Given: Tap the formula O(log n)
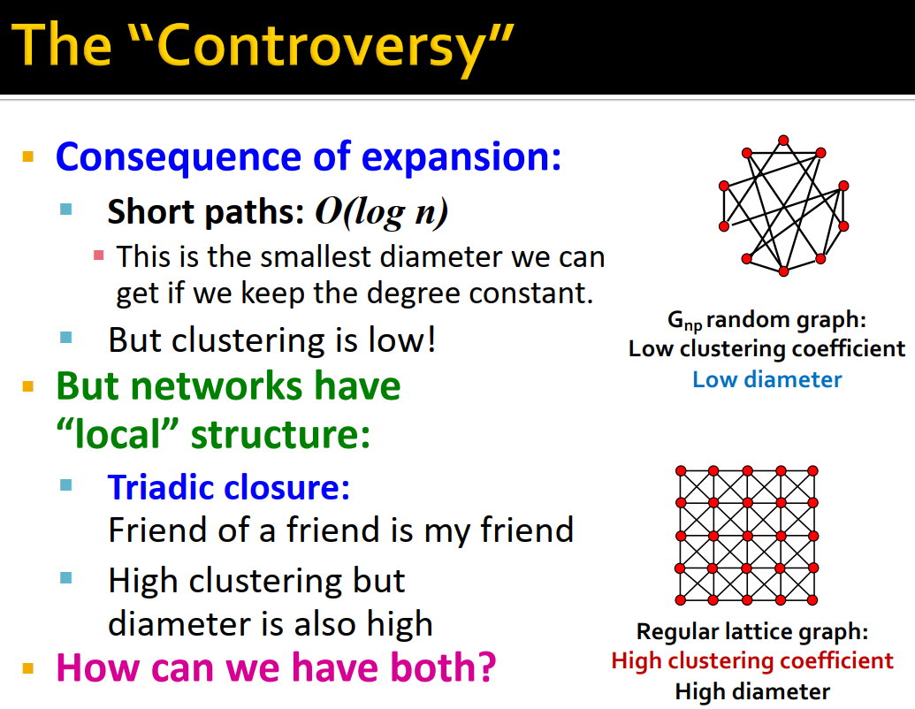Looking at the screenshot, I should pyautogui.click(x=382, y=212).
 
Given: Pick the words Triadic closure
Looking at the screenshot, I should pyautogui.click(x=229, y=486).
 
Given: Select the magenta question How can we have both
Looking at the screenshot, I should pyautogui.click(x=276, y=667).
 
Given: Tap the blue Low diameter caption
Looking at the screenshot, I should pyautogui.click(x=766, y=379).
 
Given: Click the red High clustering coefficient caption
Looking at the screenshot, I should pyautogui.click(x=752, y=660).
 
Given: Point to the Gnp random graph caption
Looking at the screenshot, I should pyautogui.click(x=766, y=320).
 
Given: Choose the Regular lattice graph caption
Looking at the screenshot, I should pyautogui.click(x=752, y=632).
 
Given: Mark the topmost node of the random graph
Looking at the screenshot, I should pyautogui.click(x=782, y=140).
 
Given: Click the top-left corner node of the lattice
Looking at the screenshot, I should pyautogui.click(x=680, y=470).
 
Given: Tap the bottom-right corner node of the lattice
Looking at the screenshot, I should pyautogui.click(x=815, y=600).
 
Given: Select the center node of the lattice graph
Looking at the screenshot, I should pyautogui.click(x=748, y=536).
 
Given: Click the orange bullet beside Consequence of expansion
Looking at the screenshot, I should pyautogui.click(x=28, y=158).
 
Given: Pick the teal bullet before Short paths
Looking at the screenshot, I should pyautogui.click(x=66, y=210).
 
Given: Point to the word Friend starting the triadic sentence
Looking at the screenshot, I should pyautogui.click(x=145, y=530).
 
